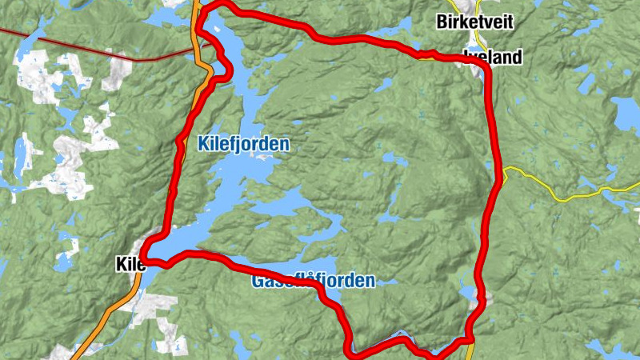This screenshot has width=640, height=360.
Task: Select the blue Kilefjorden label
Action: click(x=243, y=145)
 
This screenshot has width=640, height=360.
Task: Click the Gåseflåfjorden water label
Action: click(x=313, y=282)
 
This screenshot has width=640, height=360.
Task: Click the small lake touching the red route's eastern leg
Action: click(x=469, y=294)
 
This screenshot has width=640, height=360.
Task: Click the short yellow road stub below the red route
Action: click(x=471, y=350)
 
